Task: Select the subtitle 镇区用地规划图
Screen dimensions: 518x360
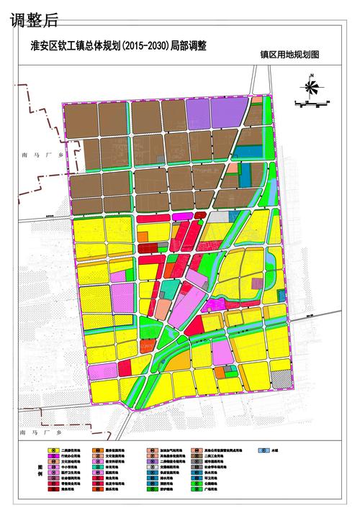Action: pyautogui.click(x=289, y=55)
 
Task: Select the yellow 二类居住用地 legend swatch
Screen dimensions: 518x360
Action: pyautogui.click(x=53, y=450)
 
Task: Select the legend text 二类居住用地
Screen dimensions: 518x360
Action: pyautogui.click(x=70, y=450)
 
